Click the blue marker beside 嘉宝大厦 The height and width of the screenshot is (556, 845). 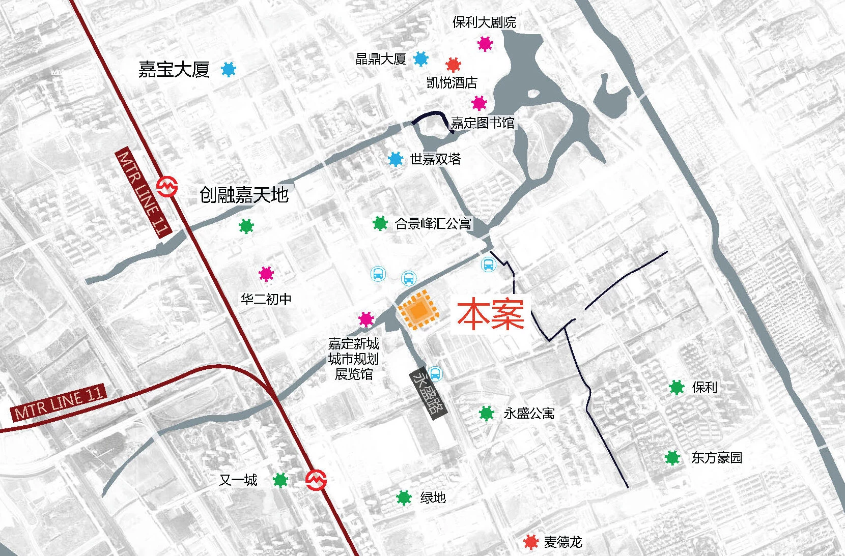[229, 69]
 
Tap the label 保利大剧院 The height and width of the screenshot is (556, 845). [484, 22]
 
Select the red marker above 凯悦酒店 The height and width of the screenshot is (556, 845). [453, 65]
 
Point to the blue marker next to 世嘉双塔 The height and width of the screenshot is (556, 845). [396, 159]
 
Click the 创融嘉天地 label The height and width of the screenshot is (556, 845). [244, 195]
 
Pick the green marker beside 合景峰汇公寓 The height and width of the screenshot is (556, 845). [380, 223]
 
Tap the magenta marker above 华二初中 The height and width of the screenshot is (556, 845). [266, 274]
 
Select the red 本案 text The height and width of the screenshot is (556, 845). [490, 315]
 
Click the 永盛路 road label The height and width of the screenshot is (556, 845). [429, 393]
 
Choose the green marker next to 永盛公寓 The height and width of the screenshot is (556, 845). [487, 413]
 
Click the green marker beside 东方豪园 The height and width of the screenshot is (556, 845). [672, 457]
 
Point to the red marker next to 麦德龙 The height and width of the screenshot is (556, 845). [531, 542]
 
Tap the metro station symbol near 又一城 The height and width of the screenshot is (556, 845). [316, 480]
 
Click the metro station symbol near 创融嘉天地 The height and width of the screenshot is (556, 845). [166, 187]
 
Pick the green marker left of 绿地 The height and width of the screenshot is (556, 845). [404, 498]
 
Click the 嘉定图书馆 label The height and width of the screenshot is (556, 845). [483, 123]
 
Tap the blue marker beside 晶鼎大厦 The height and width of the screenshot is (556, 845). [420, 59]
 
